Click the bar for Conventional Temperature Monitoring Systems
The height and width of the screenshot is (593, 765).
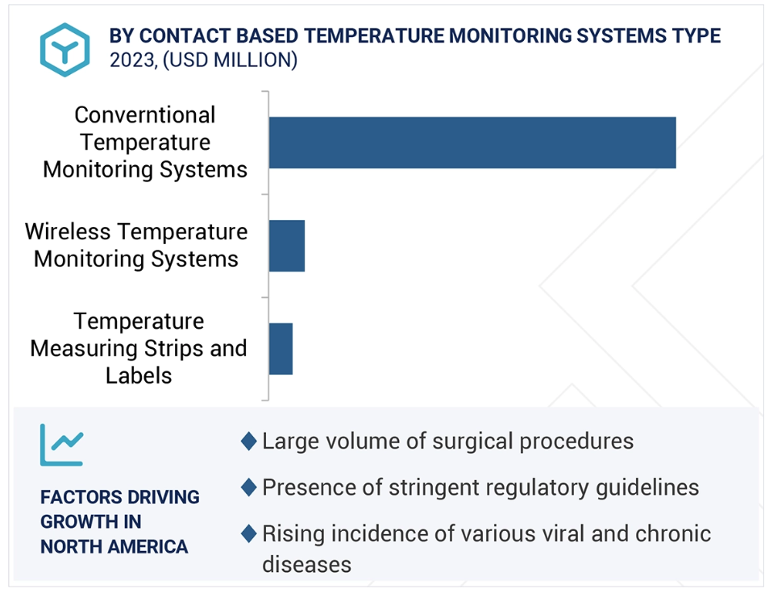472,143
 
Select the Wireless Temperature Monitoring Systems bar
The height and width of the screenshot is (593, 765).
287,246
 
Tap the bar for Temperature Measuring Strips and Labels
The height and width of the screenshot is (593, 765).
281,349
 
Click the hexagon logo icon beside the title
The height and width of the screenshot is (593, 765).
64,50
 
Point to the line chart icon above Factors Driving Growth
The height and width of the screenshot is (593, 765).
62,445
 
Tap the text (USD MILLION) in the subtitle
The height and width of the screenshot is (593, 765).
230,60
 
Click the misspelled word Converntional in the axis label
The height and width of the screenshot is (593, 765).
145,115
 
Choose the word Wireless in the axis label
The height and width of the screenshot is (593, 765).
68,232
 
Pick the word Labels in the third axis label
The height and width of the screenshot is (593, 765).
139,376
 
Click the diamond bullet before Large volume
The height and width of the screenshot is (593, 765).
249,441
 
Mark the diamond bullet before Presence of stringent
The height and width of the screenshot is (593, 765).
249,487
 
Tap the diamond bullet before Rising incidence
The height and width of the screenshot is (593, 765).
249,533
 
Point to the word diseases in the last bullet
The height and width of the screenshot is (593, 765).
306,565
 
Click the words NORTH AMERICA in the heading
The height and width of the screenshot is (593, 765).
114,546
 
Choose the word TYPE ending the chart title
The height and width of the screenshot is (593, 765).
696,36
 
